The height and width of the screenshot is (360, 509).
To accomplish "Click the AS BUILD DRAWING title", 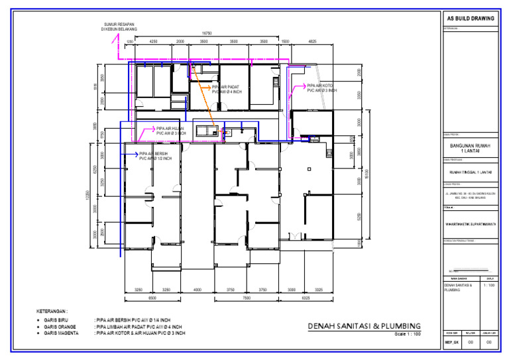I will [470, 19].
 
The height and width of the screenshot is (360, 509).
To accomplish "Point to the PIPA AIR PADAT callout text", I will [226, 89].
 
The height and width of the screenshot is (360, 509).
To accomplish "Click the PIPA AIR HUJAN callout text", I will [171, 131].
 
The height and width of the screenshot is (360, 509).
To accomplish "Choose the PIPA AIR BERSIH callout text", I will [155, 156].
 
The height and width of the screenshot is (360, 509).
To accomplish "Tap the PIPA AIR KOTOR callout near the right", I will [321, 88].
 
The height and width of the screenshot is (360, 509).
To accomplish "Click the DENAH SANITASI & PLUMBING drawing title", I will [364, 326].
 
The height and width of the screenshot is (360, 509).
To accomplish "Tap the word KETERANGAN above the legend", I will [57, 310].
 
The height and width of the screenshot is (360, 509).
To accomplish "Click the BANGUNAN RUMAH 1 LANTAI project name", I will [469, 149].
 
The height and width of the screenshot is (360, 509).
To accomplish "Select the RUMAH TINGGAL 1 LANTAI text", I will [469, 172].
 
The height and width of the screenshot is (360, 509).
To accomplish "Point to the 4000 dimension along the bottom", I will [197, 290].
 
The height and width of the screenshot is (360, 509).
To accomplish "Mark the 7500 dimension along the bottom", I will [247, 298].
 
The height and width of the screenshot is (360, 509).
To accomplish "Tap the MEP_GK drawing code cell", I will [451, 342].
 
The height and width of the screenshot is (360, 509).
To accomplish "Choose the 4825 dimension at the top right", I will [312, 41].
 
